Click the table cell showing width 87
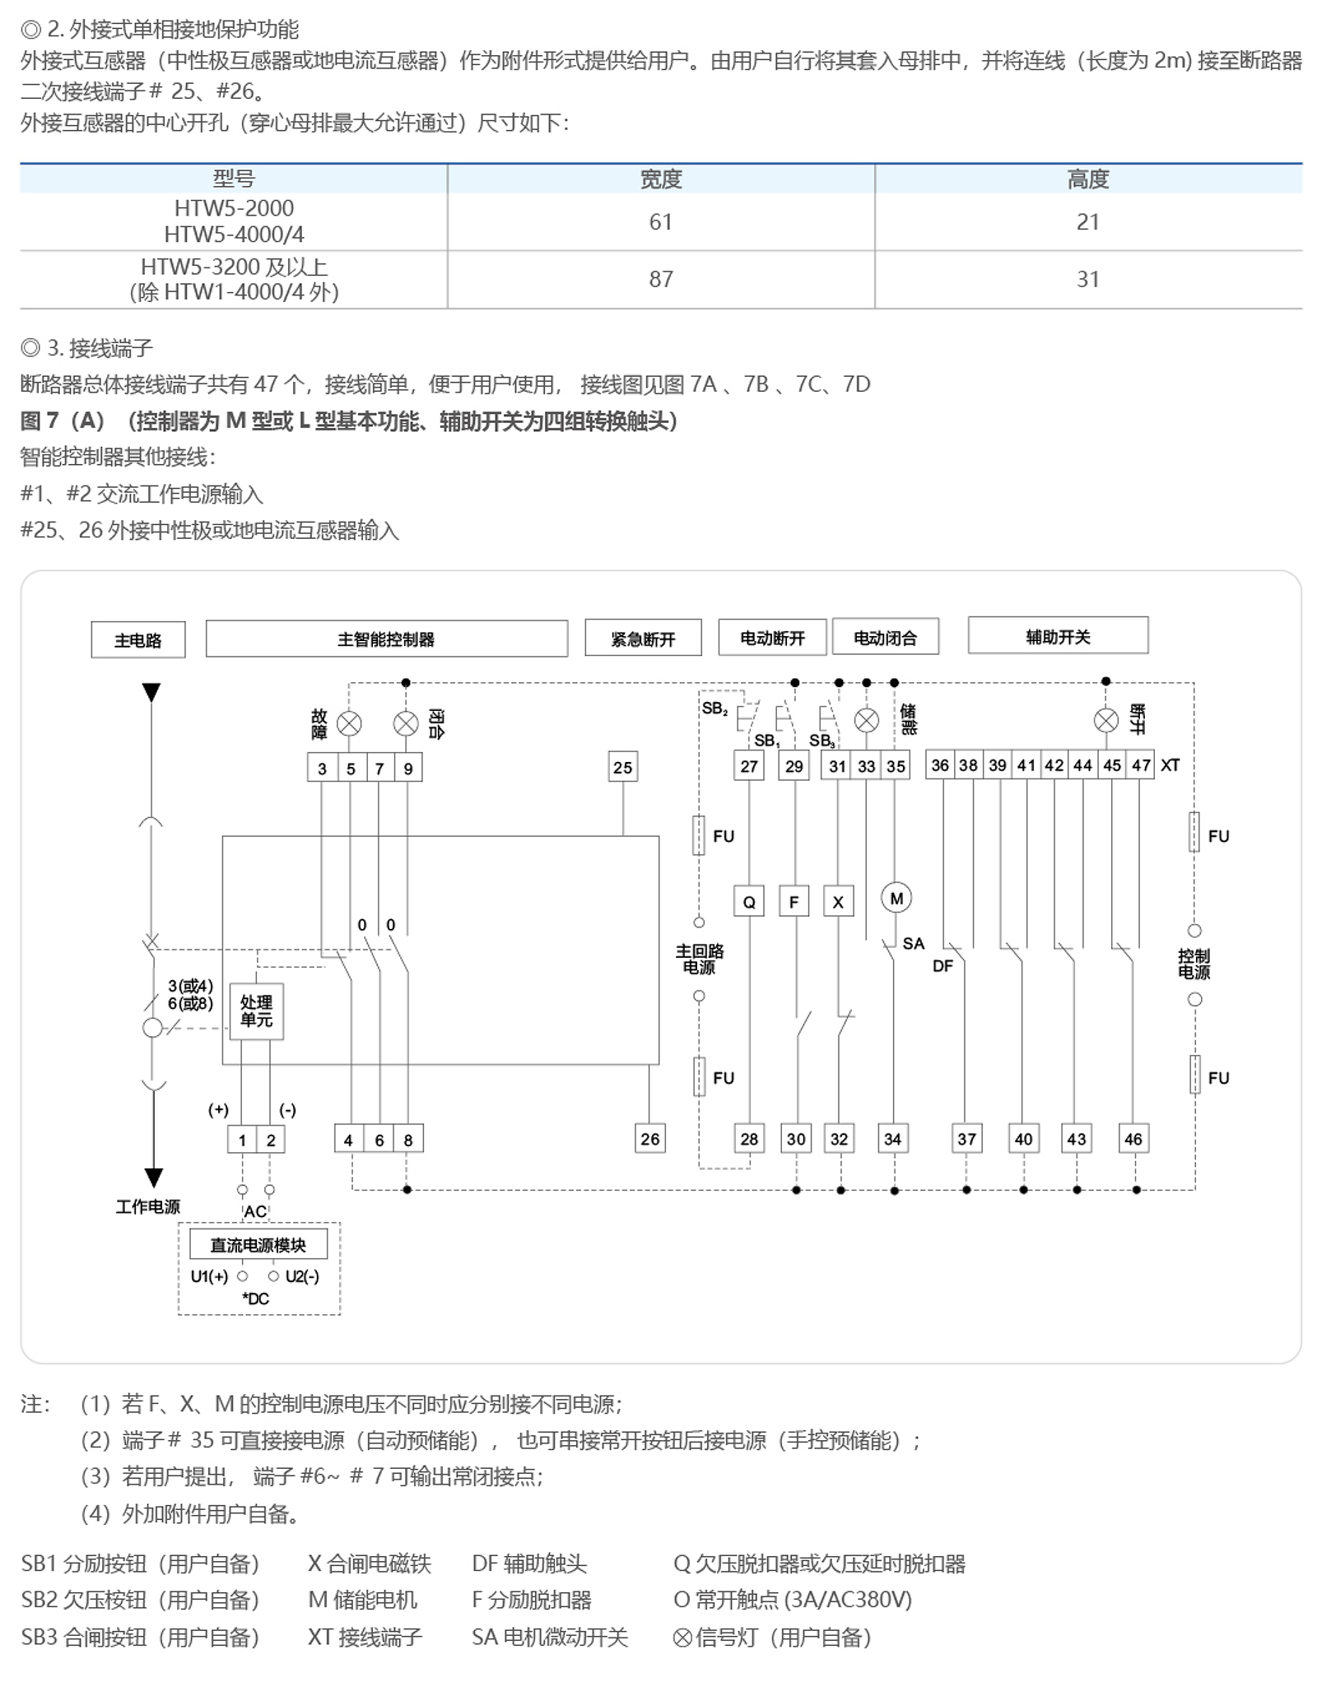660,279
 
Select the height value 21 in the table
1087,221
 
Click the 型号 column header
234,179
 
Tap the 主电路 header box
138,639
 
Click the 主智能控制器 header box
386,639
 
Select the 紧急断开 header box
643,638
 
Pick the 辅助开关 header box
1058,636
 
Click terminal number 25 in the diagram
622,767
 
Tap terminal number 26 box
649,1139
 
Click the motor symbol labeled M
896,898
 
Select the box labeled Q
749,901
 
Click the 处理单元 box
256,1011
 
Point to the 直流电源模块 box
258,1244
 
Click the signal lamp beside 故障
350,724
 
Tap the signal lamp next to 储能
866,721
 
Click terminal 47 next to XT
1141,765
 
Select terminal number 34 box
893,1139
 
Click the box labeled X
838,901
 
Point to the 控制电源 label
1194,964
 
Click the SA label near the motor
913,943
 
